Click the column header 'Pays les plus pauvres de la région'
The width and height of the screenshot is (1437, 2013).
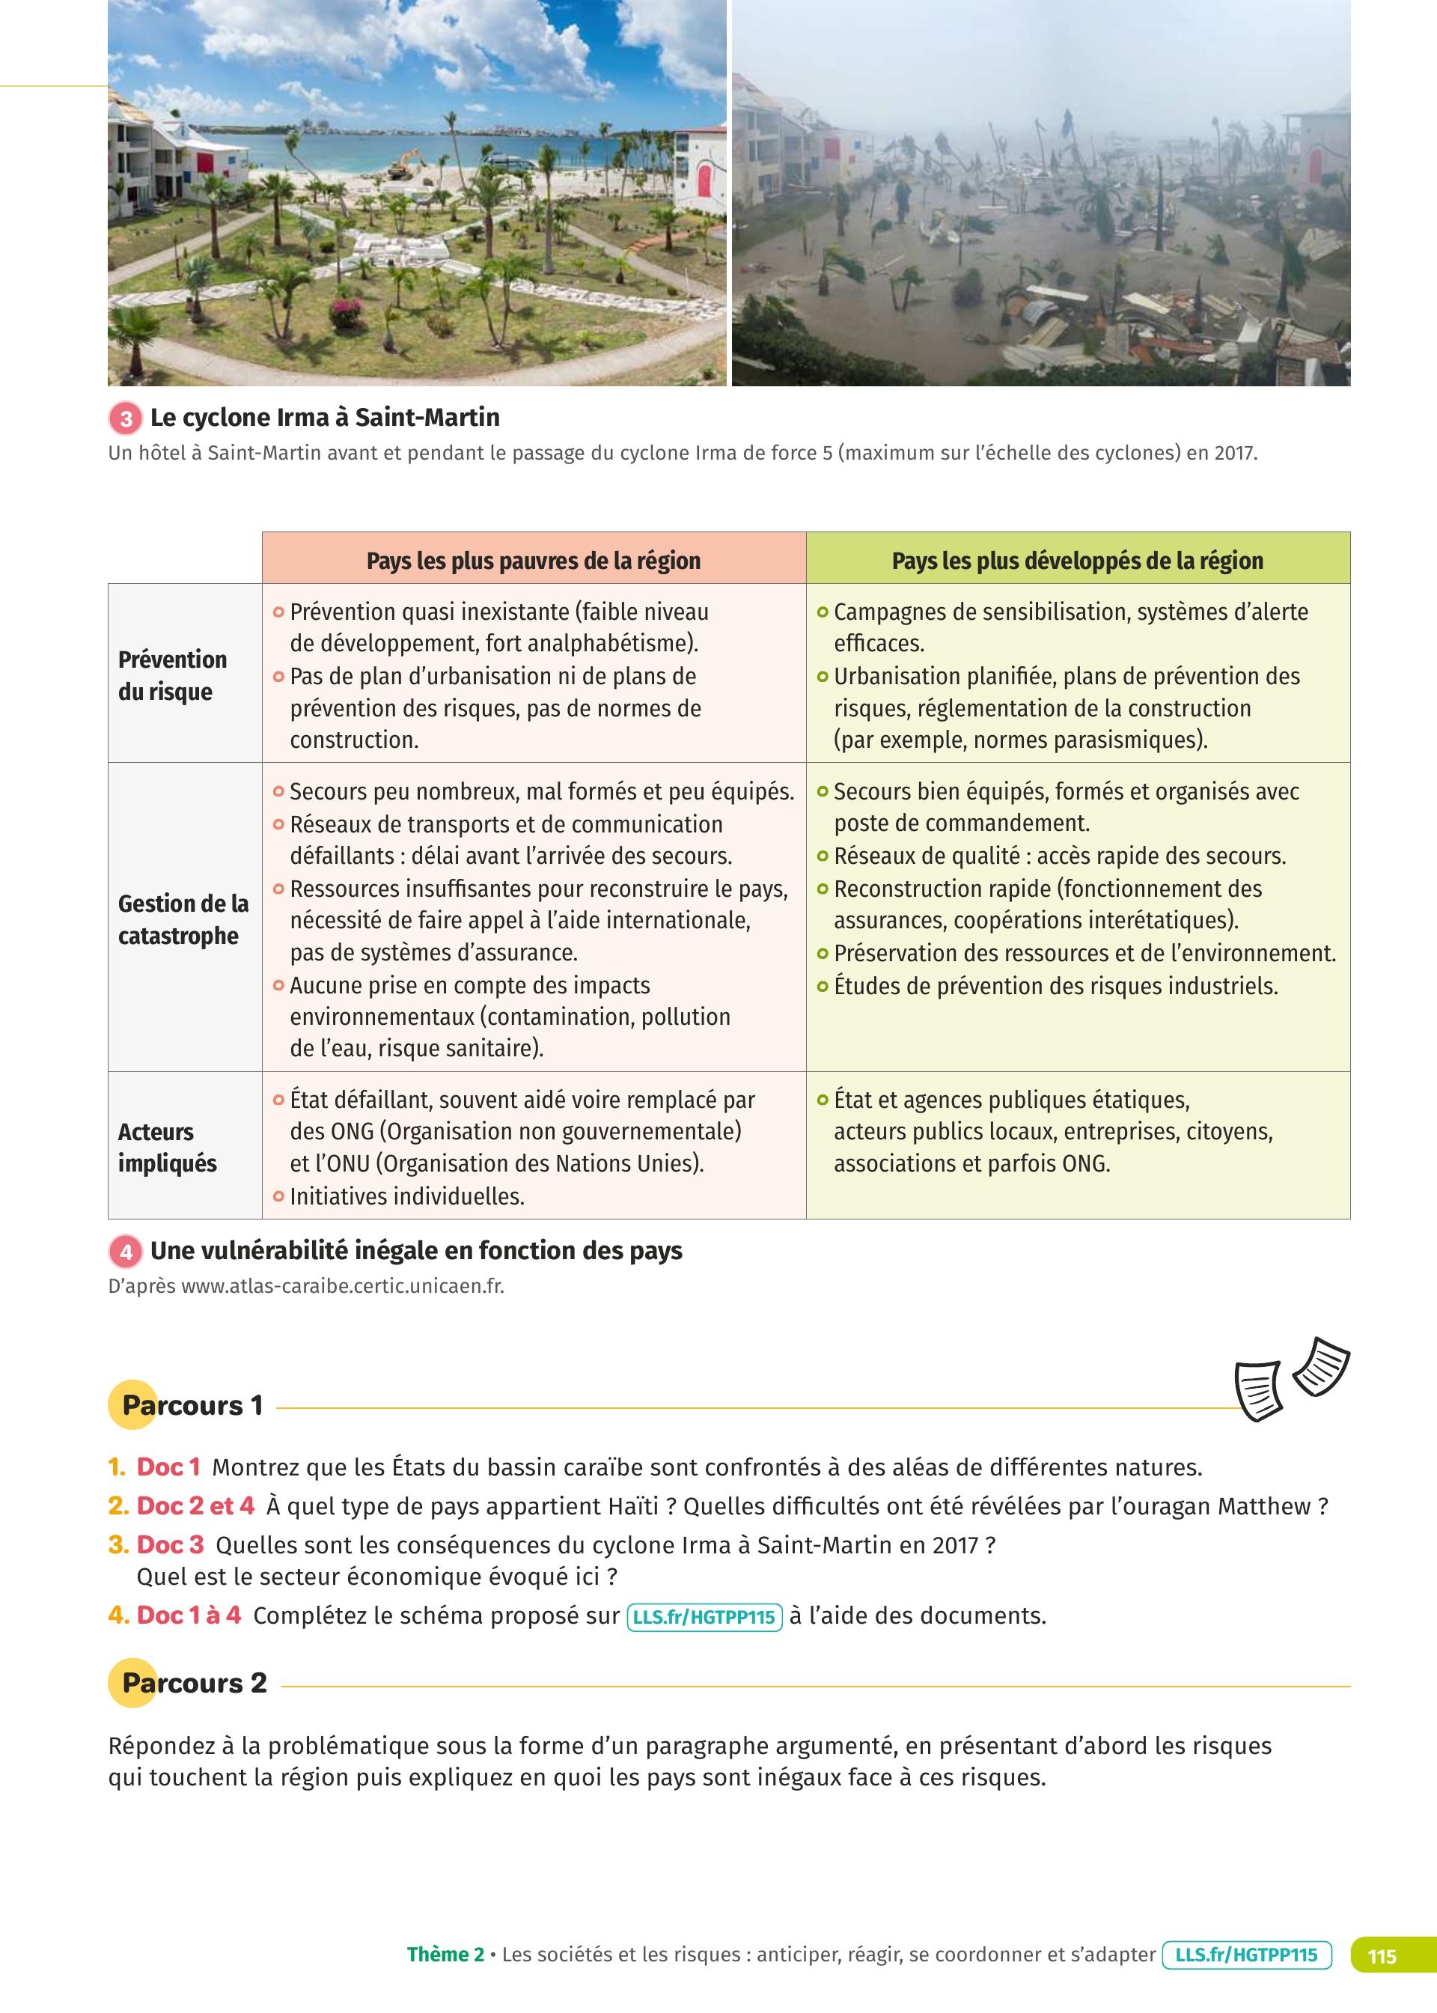pos(533,560)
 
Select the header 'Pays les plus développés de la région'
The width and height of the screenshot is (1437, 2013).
pos(1077,560)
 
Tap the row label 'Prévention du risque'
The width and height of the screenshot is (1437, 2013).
pos(173,675)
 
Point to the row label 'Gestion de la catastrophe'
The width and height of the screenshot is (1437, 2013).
pos(183,919)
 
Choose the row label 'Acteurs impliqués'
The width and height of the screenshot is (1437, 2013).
pos(167,1147)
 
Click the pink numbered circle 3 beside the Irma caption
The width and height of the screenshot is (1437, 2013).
pos(126,418)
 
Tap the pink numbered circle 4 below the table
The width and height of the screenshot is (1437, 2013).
pos(126,1251)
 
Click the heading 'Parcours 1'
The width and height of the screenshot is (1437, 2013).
pos(192,1405)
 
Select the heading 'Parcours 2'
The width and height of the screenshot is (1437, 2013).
pos(194,1682)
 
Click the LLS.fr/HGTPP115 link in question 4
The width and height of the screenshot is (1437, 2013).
pos(704,1616)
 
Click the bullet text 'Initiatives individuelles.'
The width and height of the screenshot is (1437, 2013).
pos(407,1196)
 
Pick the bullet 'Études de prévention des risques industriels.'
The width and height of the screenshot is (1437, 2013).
pos(1055,986)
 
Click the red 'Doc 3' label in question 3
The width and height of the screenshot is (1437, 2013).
pos(170,1545)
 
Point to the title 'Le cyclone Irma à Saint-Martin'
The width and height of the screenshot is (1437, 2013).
pos(325,418)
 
